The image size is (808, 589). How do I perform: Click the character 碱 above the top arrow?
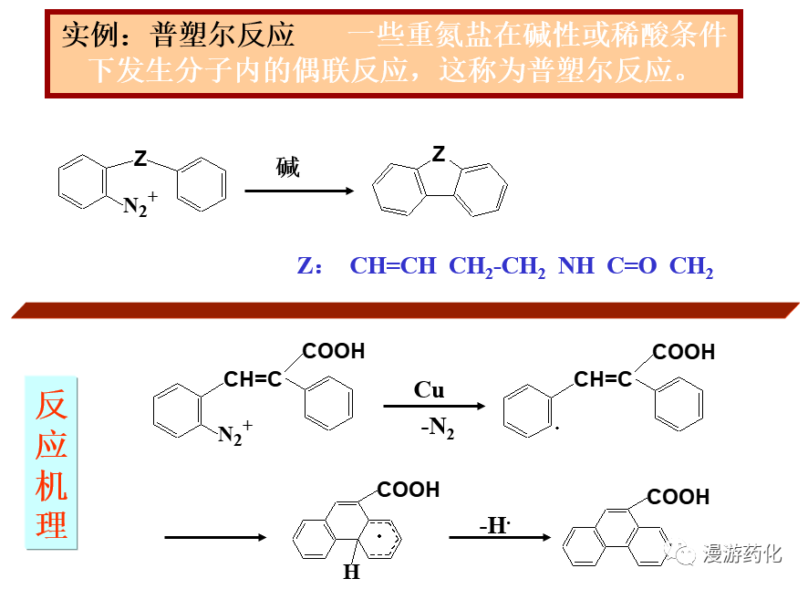click(287, 168)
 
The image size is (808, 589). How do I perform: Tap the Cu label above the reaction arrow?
click(429, 390)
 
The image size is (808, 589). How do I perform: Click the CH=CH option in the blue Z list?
click(393, 266)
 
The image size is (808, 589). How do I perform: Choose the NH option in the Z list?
click(575, 266)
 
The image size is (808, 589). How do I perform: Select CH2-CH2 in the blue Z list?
click(497, 266)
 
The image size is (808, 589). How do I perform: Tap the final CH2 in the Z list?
click(690, 266)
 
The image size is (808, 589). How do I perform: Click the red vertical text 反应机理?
click(51, 464)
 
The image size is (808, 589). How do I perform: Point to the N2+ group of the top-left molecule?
click(140, 206)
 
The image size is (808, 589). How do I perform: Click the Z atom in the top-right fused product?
click(439, 154)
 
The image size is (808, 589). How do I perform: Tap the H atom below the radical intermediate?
click(351, 573)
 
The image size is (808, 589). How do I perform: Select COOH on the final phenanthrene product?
click(678, 497)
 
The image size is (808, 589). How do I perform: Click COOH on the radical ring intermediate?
click(408, 490)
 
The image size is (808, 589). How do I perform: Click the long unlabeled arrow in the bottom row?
click(215, 538)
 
